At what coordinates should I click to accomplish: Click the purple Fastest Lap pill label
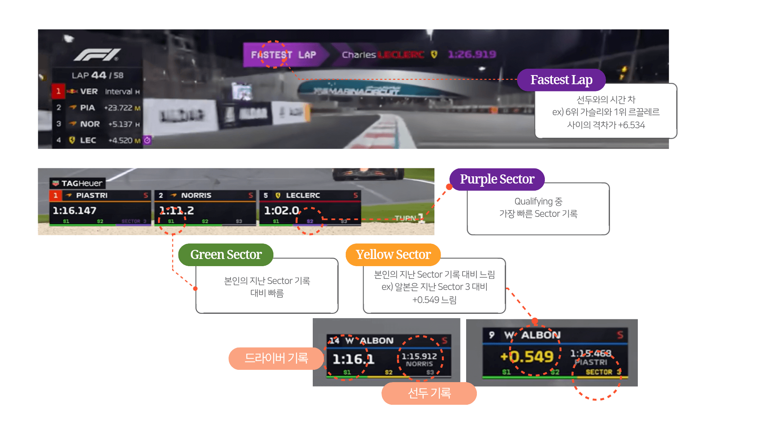561,80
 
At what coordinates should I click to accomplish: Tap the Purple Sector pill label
497,179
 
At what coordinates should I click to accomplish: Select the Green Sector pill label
226,255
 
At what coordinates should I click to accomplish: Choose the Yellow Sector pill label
393,255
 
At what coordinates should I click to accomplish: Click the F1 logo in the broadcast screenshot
97,55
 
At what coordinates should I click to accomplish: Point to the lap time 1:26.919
472,54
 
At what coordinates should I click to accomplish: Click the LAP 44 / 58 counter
97,75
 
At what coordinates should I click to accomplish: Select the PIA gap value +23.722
118,108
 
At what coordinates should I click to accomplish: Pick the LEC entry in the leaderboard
88,140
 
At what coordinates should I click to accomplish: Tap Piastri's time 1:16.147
74,211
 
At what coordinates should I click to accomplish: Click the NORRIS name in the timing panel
196,195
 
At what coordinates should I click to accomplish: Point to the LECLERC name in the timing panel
303,195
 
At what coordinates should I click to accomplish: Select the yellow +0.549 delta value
527,356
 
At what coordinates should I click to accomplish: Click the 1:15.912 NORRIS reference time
419,356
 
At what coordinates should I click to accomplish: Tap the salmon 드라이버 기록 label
276,358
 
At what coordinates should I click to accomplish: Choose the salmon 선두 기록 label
429,393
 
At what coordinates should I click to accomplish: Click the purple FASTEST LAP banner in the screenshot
283,55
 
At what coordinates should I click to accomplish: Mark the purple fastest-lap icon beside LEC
147,140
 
